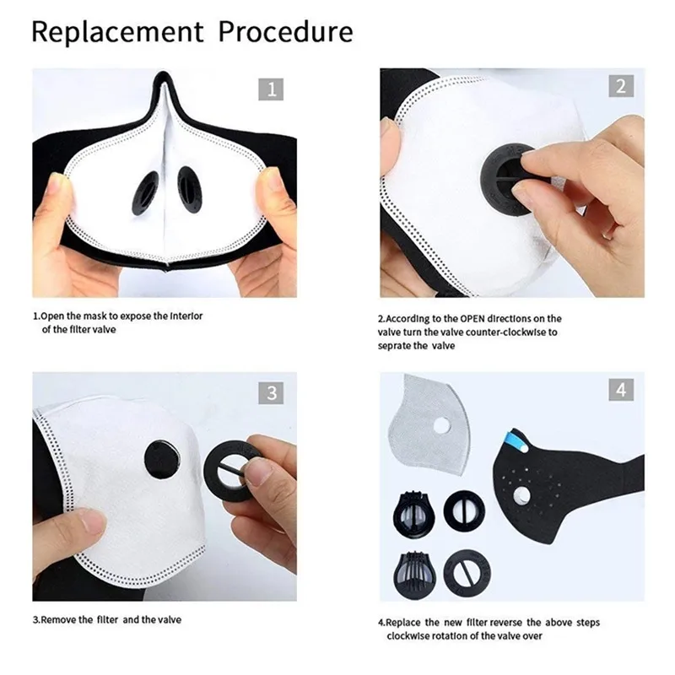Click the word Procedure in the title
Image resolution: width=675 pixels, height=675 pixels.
286,32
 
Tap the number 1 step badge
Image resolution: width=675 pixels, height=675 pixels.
271,89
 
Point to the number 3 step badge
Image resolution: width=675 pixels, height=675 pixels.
271,392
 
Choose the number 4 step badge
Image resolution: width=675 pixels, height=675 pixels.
620,391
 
